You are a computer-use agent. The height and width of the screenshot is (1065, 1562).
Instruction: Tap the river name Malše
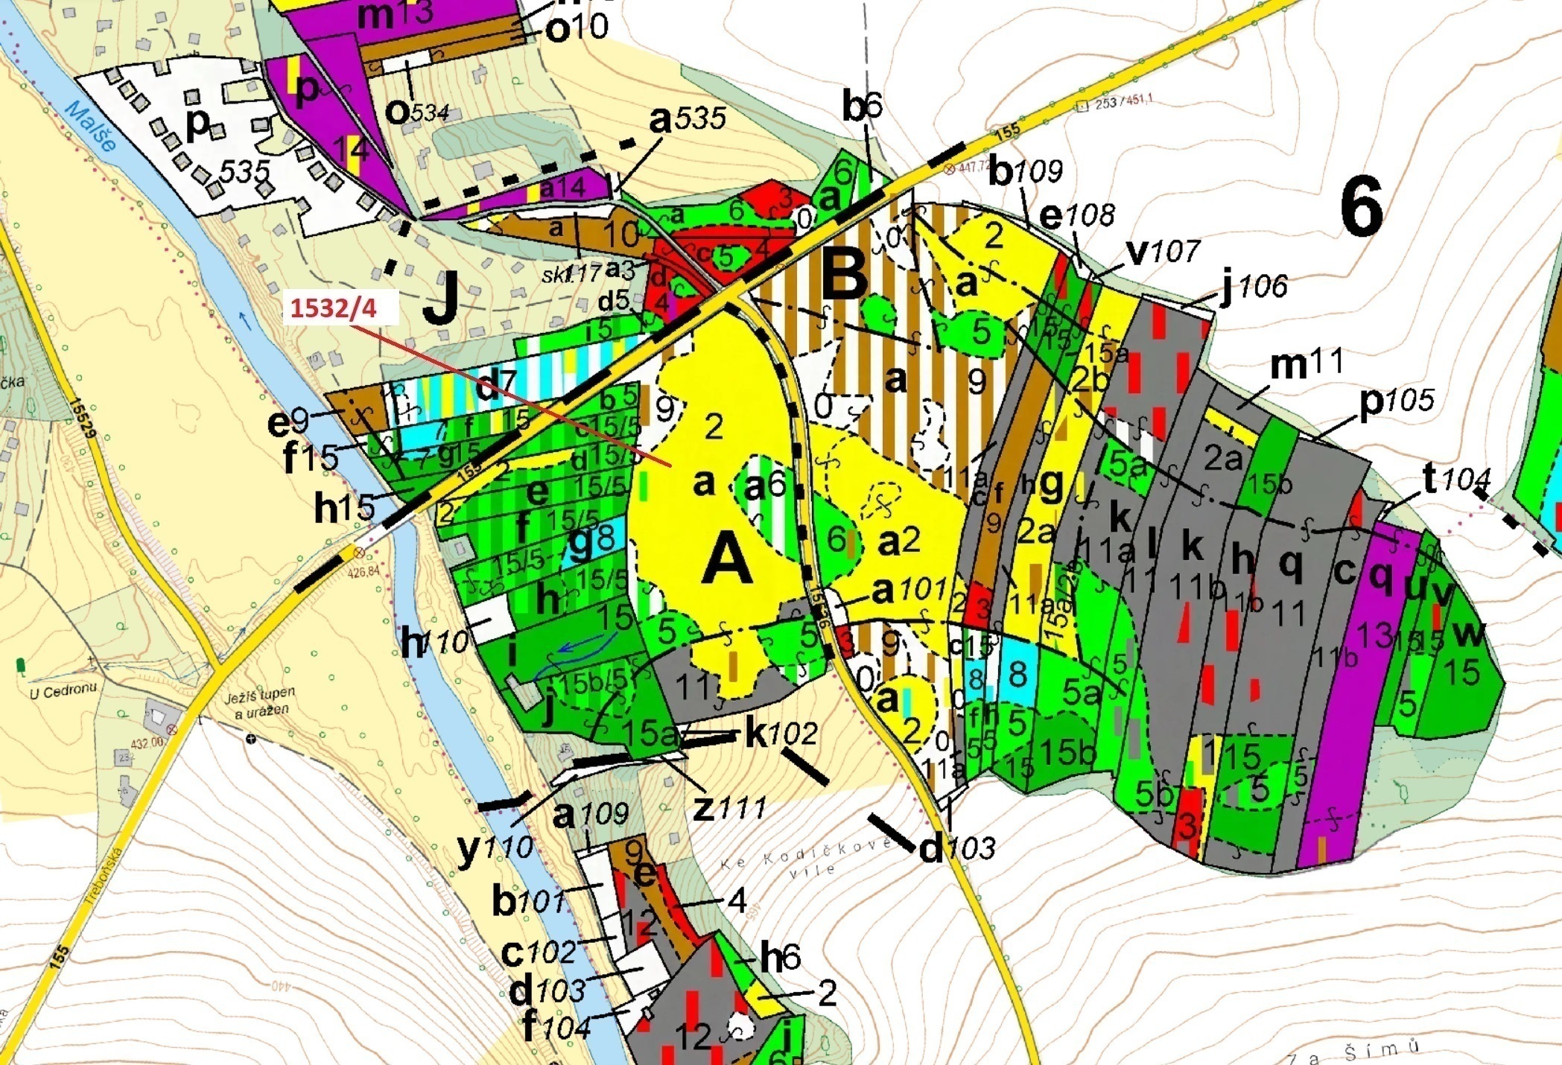pyautogui.click(x=91, y=127)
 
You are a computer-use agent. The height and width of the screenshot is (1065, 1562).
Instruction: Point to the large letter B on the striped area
pyautogui.click(x=844, y=274)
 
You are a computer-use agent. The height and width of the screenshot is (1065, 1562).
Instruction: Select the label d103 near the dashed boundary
pyautogui.click(x=956, y=847)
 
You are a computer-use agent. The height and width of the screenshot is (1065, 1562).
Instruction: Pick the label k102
pyautogui.click(x=781, y=734)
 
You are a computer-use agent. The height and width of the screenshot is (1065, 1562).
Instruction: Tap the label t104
pyautogui.click(x=1455, y=478)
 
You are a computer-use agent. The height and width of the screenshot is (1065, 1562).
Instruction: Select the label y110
pyautogui.click(x=495, y=847)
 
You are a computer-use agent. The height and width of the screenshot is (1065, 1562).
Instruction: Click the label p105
pyautogui.click(x=1396, y=401)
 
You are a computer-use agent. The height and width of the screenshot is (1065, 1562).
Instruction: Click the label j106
pyautogui.click(x=1254, y=285)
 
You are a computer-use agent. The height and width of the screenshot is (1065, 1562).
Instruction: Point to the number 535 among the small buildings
pyautogui.click(x=244, y=172)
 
